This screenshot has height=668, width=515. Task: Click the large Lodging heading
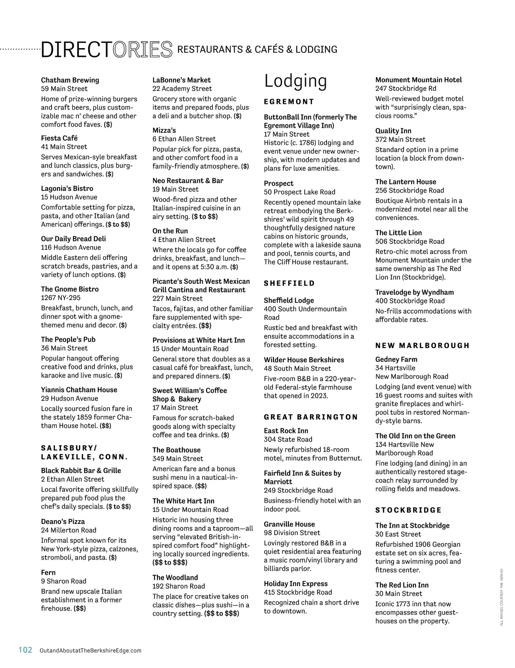tap(295, 81)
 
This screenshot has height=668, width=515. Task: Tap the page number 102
tap(25, 650)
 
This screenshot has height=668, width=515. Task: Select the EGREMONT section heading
tap(289, 102)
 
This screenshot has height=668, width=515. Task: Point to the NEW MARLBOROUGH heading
tap(422, 346)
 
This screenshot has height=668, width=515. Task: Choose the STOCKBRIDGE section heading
tap(408, 510)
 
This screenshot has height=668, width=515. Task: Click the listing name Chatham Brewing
tap(70, 80)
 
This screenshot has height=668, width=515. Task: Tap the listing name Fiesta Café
tap(59, 138)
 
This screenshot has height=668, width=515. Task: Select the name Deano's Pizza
tap(63, 521)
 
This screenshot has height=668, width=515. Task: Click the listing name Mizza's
tap(164, 130)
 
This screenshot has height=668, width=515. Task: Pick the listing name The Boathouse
tap(176, 450)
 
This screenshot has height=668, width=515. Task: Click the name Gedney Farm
tap(396, 359)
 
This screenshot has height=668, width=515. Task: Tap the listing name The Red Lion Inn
tap(402, 585)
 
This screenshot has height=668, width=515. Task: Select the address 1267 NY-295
tap(61, 298)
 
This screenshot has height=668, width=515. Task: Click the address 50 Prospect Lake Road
tap(300, 192)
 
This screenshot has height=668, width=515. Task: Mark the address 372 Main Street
tap(400, 139)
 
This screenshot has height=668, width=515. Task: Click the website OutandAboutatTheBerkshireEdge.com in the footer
tap(90, 650)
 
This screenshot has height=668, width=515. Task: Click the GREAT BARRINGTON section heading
tap(311, 417)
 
